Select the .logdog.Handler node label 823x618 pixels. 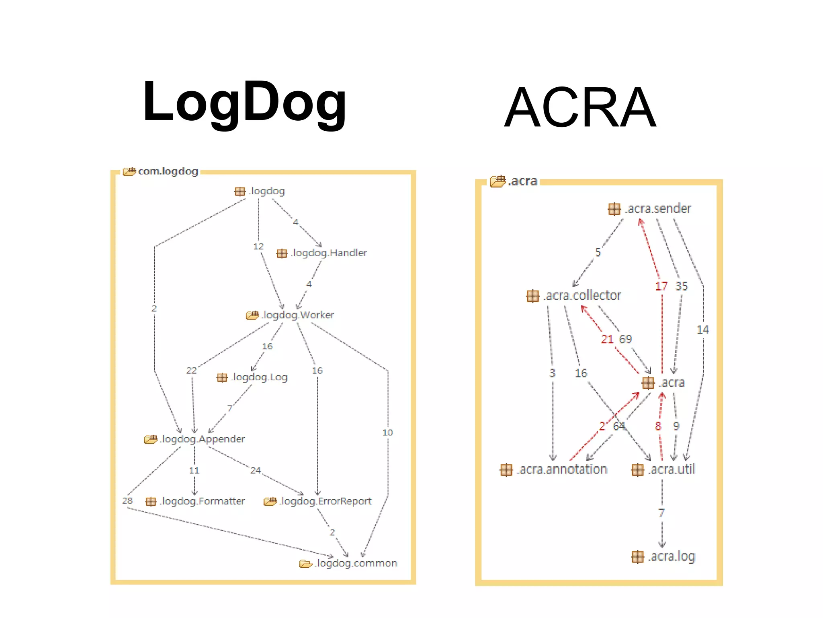pyautogui.click(x=329, y=253)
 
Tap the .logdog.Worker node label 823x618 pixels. pyautogui.click(x=298, y=315)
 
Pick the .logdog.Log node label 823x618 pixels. pyautogui.click(x=259, y=377)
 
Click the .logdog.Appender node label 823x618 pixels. pyautogui.click(x=202, y=439)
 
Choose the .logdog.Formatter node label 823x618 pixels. pyautogui.click(x=202, y=501)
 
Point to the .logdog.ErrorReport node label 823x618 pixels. pyautogui.click(x=326, y=501)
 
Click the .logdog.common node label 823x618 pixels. pyautogui.click(x=356, y=563)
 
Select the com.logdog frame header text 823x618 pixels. pyautogui.click(x=168, y=171)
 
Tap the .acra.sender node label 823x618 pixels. pyautogui.click(x=658, y=209)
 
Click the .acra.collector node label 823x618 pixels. pyautogui.click(x=582, y=296)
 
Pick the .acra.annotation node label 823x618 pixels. pyautogui.click(x=562, y=470)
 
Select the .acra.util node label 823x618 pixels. pyautogui.click(x=671, y=470)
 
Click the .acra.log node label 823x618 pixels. pyautogui.click(x=671, y=556)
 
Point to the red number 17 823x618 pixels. pyautogui.click(x=661, y=286)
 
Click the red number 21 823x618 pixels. pyautogui.click(x=607, y=339)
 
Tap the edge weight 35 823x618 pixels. pyautogui.click(x=682, y=286)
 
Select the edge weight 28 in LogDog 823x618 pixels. pyautogui.click(x=127, y=501)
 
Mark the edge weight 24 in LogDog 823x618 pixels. pyautogui.click(x=256, y=470)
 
